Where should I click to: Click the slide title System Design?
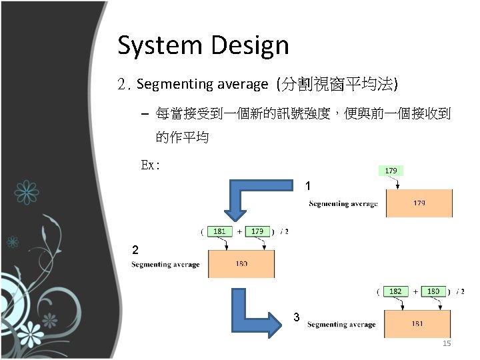pos(203,45)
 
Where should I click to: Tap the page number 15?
pos(447,343)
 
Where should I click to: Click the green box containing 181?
pos(219,231)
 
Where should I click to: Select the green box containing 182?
pos(395,291)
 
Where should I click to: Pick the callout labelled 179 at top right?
pos(391,171)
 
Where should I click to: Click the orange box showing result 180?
pos(241,264)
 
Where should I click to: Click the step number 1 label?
pos(307,185)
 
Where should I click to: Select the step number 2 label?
pos(135,250)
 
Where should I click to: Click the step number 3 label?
pos(297,317)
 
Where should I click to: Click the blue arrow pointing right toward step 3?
pos(256,313)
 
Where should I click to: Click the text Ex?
pos(150,165)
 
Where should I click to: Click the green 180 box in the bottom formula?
pos(433,291)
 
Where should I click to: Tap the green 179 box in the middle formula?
pos(257,231)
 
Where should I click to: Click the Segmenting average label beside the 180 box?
pos(165,265)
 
